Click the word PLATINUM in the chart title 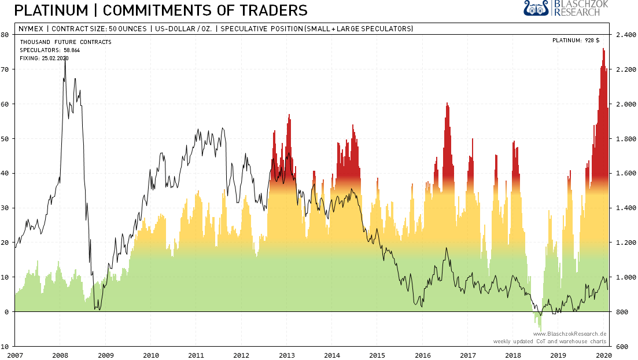click(x=44, y=10)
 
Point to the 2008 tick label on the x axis click(x=61, y=355)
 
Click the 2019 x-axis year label click(x=558, y=355)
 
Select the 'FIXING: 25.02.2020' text click(x=44, y=58)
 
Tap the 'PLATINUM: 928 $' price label click(x=576, y=41)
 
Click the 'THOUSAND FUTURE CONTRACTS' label click(x=65, y=42)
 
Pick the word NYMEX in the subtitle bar click(x=30, y=29)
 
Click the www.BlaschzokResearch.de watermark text click(x=569, y=334)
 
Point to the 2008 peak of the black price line click(x=65, y=61)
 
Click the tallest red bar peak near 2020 click(x=603, y=50)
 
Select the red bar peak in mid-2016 click(x=447, y=104)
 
